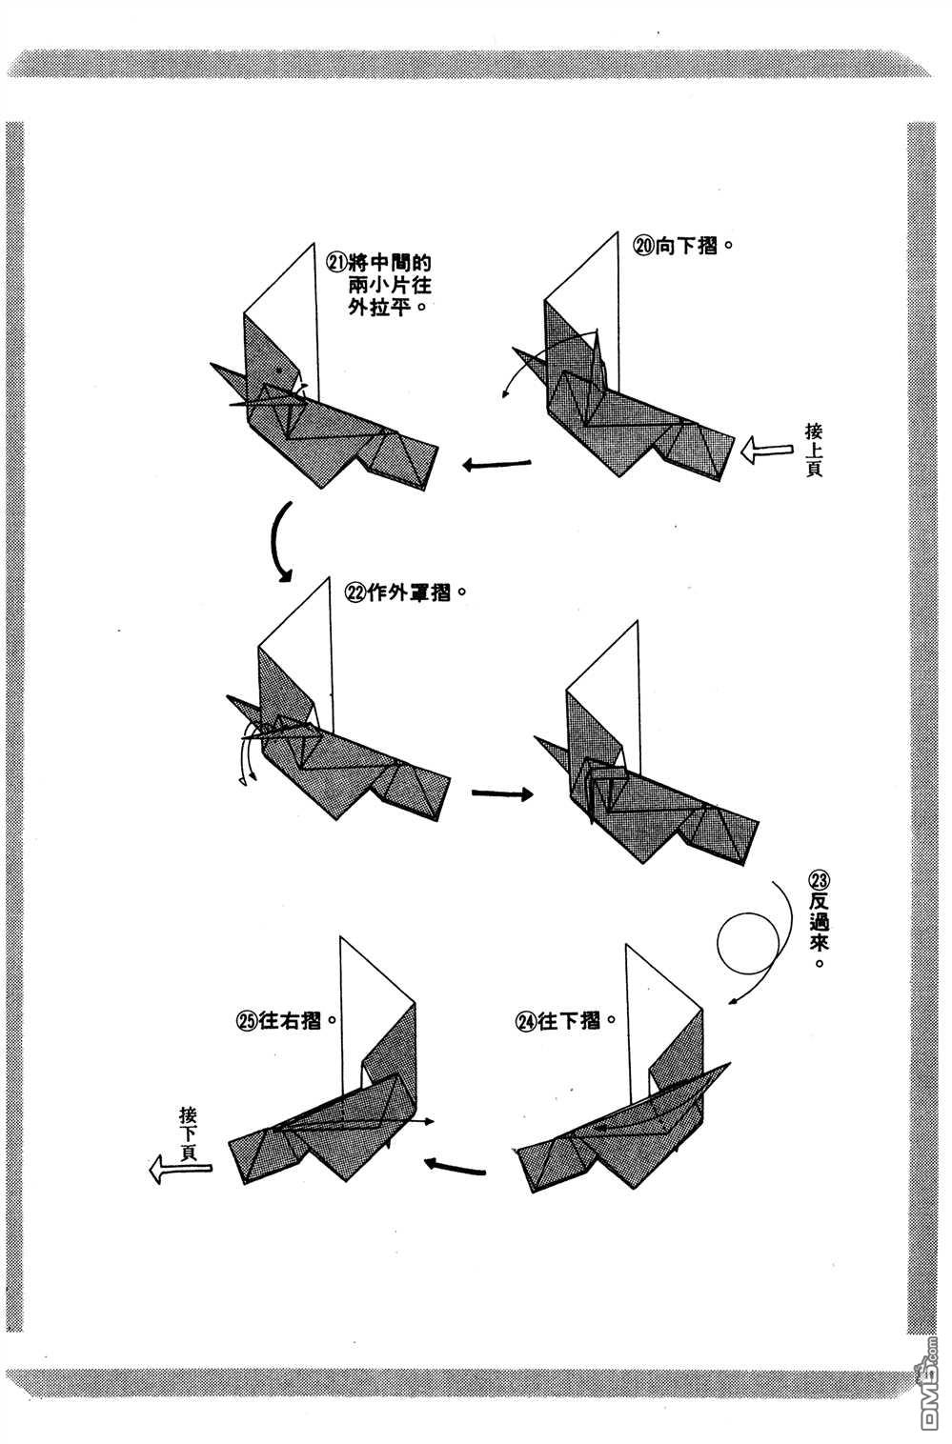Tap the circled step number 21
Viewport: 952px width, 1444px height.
(x=336, y=262)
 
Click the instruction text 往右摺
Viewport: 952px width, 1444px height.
(x=291, y=1020)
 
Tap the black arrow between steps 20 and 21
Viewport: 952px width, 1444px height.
(x=496, y=465)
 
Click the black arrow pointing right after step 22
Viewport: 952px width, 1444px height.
(x=502, y=792)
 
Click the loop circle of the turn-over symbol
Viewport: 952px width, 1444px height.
(x=750, y=942)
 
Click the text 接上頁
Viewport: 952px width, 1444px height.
(x=813, y=449)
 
